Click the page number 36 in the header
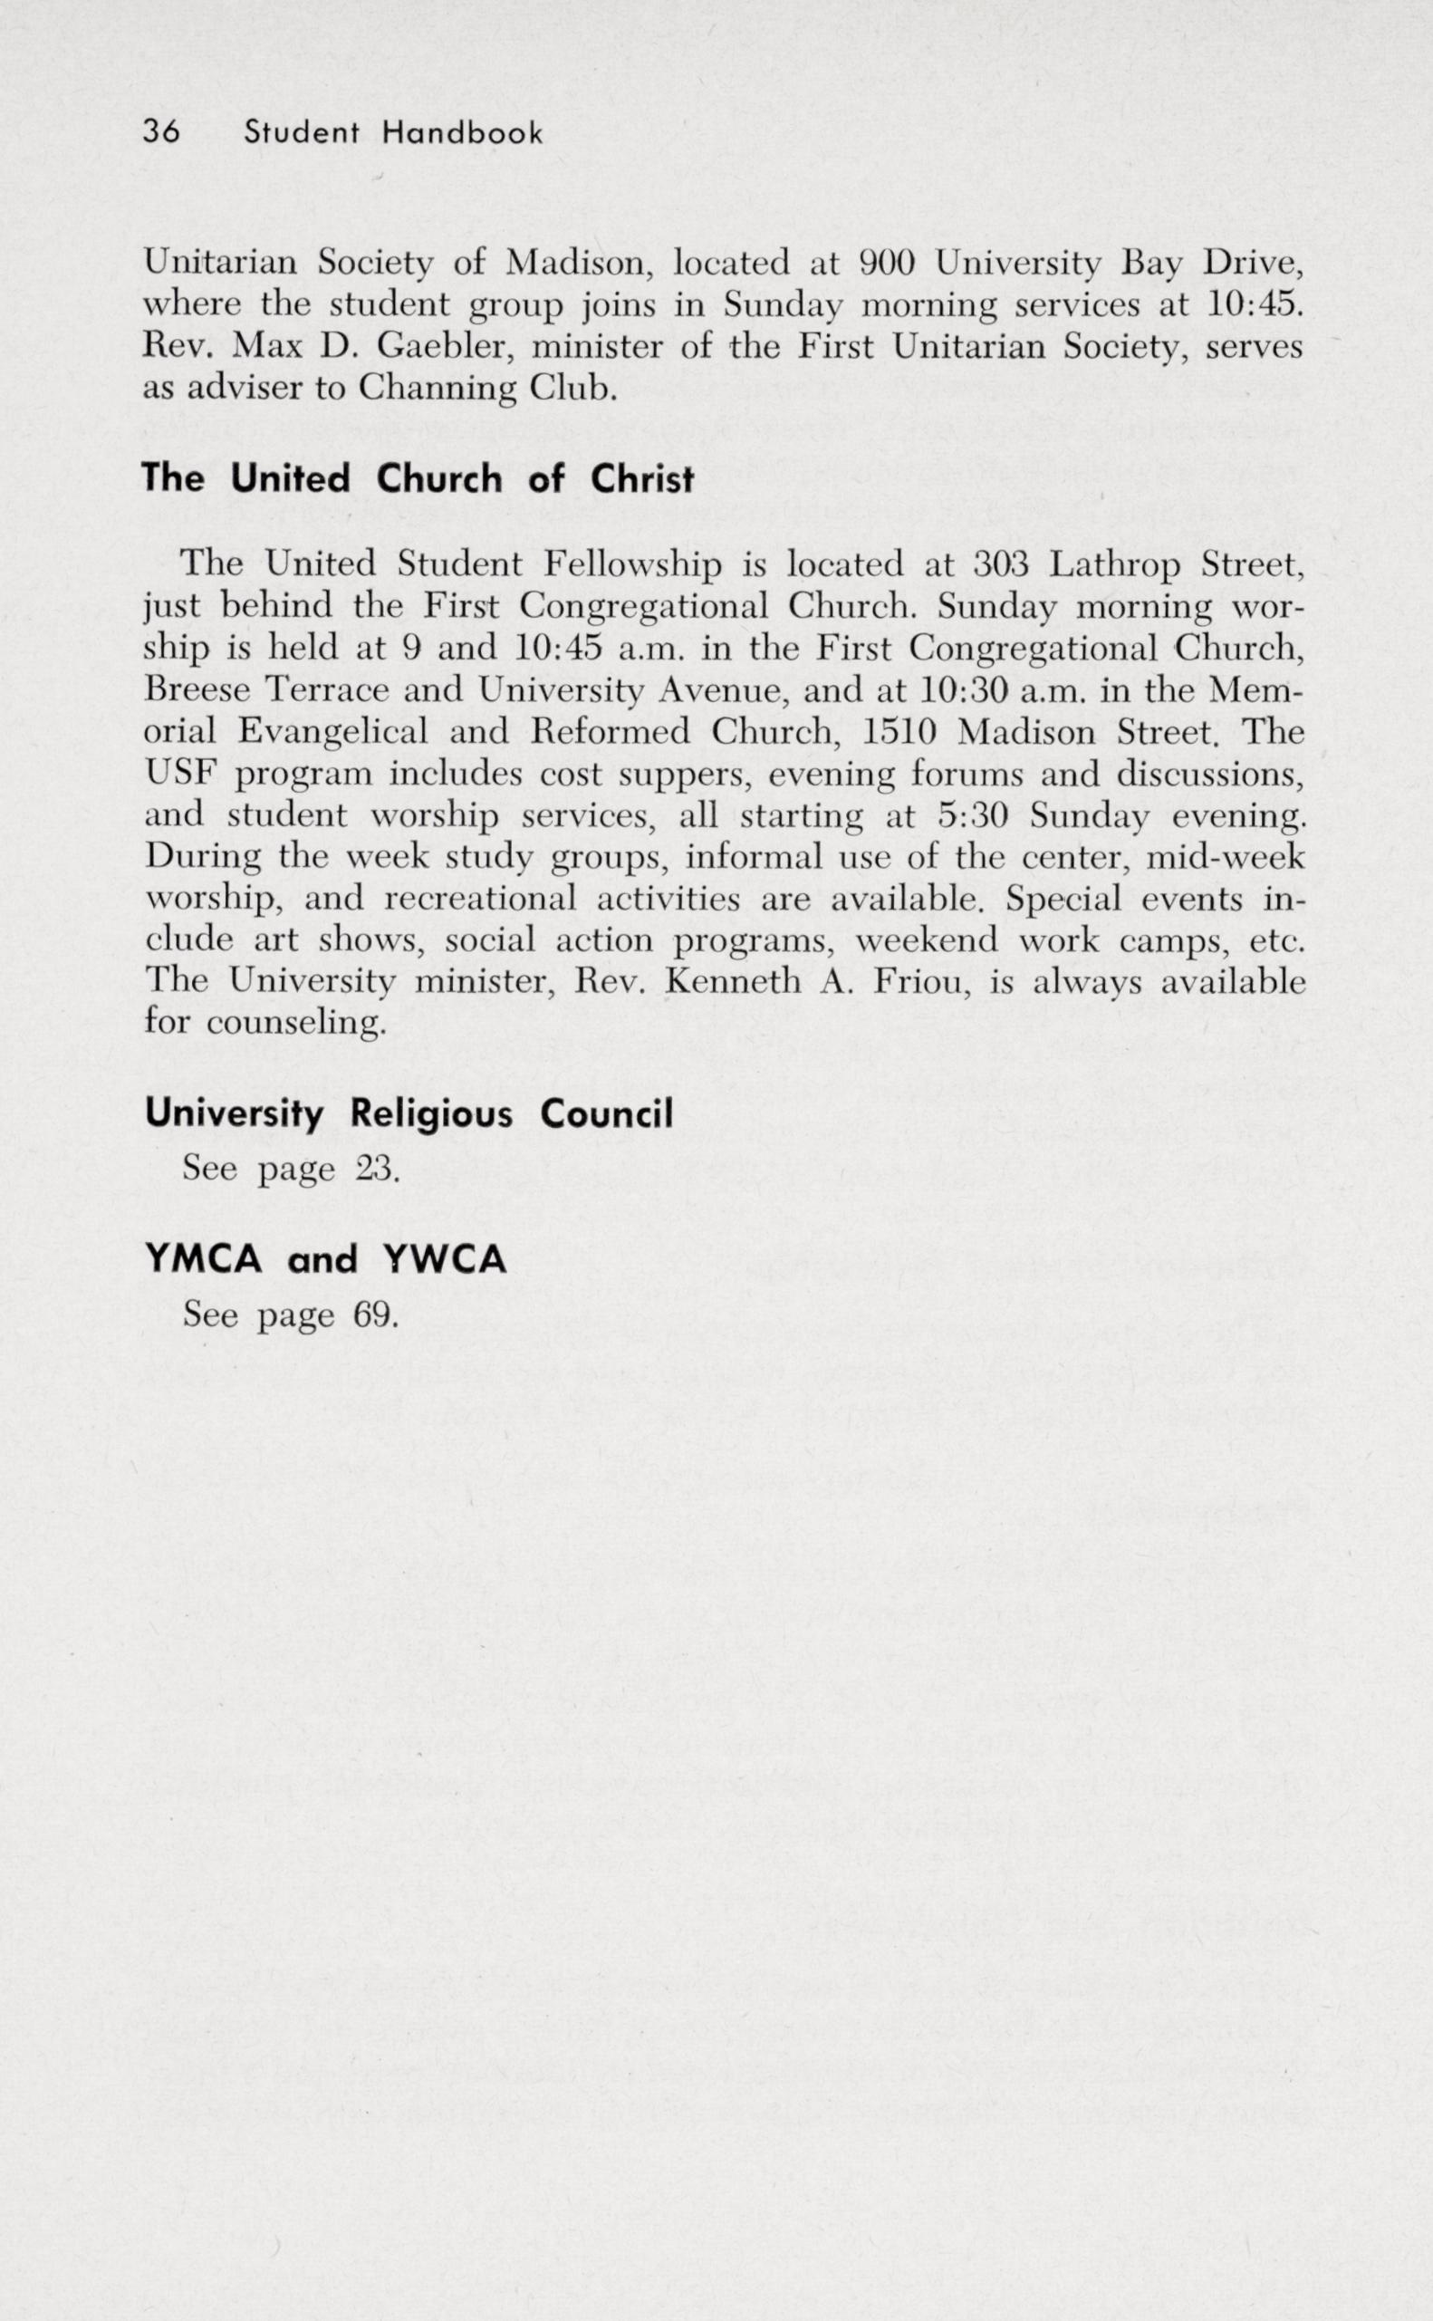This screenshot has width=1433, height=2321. [x=161, y=131]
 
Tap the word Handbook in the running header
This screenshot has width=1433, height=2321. [x=462, y=134]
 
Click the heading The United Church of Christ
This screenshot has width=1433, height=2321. [x=418, y=478]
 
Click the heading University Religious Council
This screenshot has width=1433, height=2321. [x=409, y=1113]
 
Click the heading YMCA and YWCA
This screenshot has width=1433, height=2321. [x=326, y=1259]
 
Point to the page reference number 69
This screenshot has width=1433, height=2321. [x=375, y=1315]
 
